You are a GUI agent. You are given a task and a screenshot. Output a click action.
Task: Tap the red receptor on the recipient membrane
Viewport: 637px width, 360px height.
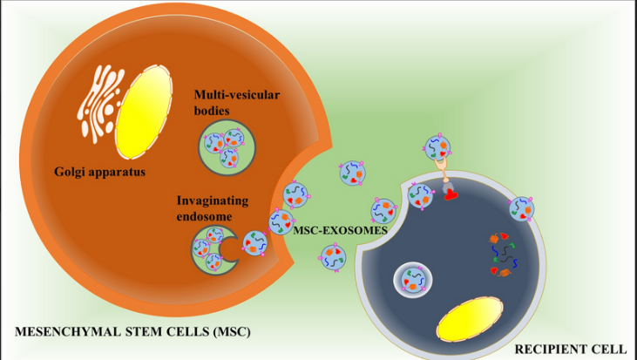point(450,194)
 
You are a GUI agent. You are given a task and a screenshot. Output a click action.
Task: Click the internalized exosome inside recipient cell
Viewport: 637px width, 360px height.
point(411,282)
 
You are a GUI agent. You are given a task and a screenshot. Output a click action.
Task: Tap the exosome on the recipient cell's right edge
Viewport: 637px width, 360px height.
point(520,207)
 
